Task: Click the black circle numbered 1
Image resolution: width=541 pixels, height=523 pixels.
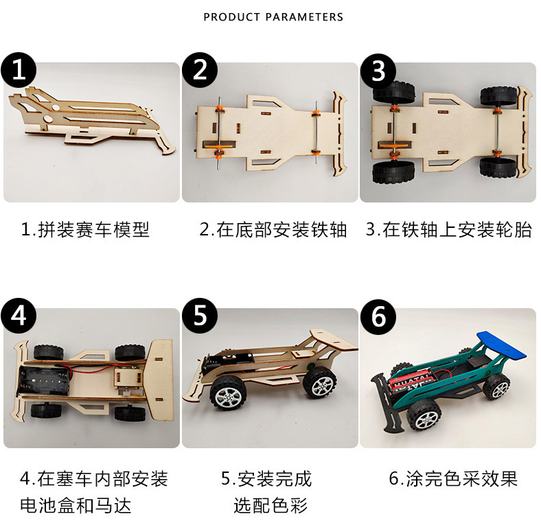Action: tap(19, 70)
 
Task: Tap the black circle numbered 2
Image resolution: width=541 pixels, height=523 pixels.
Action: tap(200, 70)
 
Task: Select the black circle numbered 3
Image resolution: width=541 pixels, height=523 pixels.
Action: tap(378, 71)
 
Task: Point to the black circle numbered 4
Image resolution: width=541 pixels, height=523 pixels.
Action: tap(19, 316)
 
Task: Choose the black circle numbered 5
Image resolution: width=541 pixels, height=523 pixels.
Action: tap(200, 316)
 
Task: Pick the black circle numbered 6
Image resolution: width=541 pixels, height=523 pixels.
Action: tap(378, 317)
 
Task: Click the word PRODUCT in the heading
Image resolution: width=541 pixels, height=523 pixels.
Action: tap(231, 17)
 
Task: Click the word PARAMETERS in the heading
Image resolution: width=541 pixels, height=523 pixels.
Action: tap(304, 17)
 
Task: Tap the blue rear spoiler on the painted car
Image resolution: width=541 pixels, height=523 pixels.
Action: tap(501, 345)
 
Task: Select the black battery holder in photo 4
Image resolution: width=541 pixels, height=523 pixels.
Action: tap(44, 380)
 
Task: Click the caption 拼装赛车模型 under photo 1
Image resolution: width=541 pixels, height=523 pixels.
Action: tap(93, 229)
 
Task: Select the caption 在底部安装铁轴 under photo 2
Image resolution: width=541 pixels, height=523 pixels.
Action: tap(281, 229)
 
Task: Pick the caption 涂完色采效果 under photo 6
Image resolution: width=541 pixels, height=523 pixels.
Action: tap(461, 478)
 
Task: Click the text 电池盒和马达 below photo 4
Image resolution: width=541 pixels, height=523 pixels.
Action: tap(76, 505)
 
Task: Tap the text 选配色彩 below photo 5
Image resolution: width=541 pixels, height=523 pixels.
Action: tap(270, 505)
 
